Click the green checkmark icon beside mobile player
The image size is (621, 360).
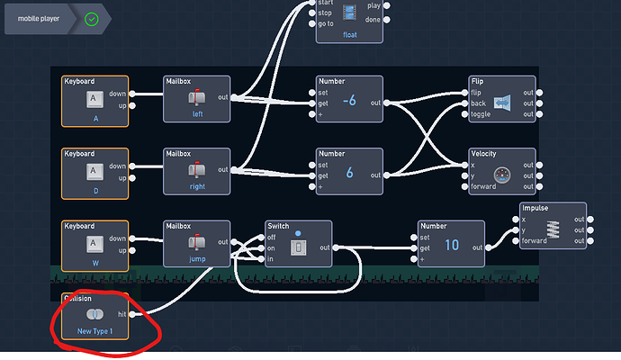point(90,18)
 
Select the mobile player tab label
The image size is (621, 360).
point(40,18)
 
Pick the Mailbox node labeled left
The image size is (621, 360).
point(196,99)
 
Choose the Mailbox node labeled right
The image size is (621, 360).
point(196,171)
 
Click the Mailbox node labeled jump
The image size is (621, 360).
point(196,243)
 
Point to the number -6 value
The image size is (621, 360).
point(350,101)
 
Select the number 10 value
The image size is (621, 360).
point(452,245)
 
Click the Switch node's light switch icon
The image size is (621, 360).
point(298,247)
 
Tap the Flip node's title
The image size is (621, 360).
point(478,81)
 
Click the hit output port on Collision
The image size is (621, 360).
point(134,313)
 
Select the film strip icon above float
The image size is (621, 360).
point(349,13)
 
